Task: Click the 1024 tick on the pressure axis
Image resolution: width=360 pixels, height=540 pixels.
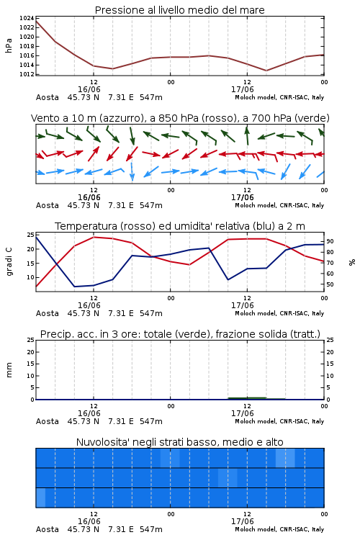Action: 27,18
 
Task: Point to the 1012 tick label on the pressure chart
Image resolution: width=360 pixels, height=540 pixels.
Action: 27,74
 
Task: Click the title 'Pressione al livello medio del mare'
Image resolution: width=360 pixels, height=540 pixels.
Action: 180,10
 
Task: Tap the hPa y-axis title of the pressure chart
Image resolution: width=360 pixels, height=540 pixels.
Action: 9,45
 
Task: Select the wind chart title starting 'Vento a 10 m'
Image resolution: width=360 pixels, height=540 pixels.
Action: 180,118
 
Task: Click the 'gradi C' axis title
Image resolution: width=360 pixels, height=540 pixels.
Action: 9,262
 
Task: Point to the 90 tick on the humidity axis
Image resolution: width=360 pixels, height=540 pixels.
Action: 330,241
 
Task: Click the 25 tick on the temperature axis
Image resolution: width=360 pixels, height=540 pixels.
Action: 30,235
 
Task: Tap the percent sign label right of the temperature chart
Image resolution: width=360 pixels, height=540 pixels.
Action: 352,262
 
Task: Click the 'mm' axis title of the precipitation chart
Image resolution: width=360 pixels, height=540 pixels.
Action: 9,370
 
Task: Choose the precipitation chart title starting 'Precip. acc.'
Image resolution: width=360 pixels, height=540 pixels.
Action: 180,334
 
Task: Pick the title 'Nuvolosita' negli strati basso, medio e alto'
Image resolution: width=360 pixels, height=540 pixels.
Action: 180,442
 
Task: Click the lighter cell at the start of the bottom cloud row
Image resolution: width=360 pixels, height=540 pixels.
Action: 40,498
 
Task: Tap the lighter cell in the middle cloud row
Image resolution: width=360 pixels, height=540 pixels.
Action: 228,477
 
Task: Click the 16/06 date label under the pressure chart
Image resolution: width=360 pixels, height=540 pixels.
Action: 89,89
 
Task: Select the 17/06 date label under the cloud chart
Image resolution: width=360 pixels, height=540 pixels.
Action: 242,521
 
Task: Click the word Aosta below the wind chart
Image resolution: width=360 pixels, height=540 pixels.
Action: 48,206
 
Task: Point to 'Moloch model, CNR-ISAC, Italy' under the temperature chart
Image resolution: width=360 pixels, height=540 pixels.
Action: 279,313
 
